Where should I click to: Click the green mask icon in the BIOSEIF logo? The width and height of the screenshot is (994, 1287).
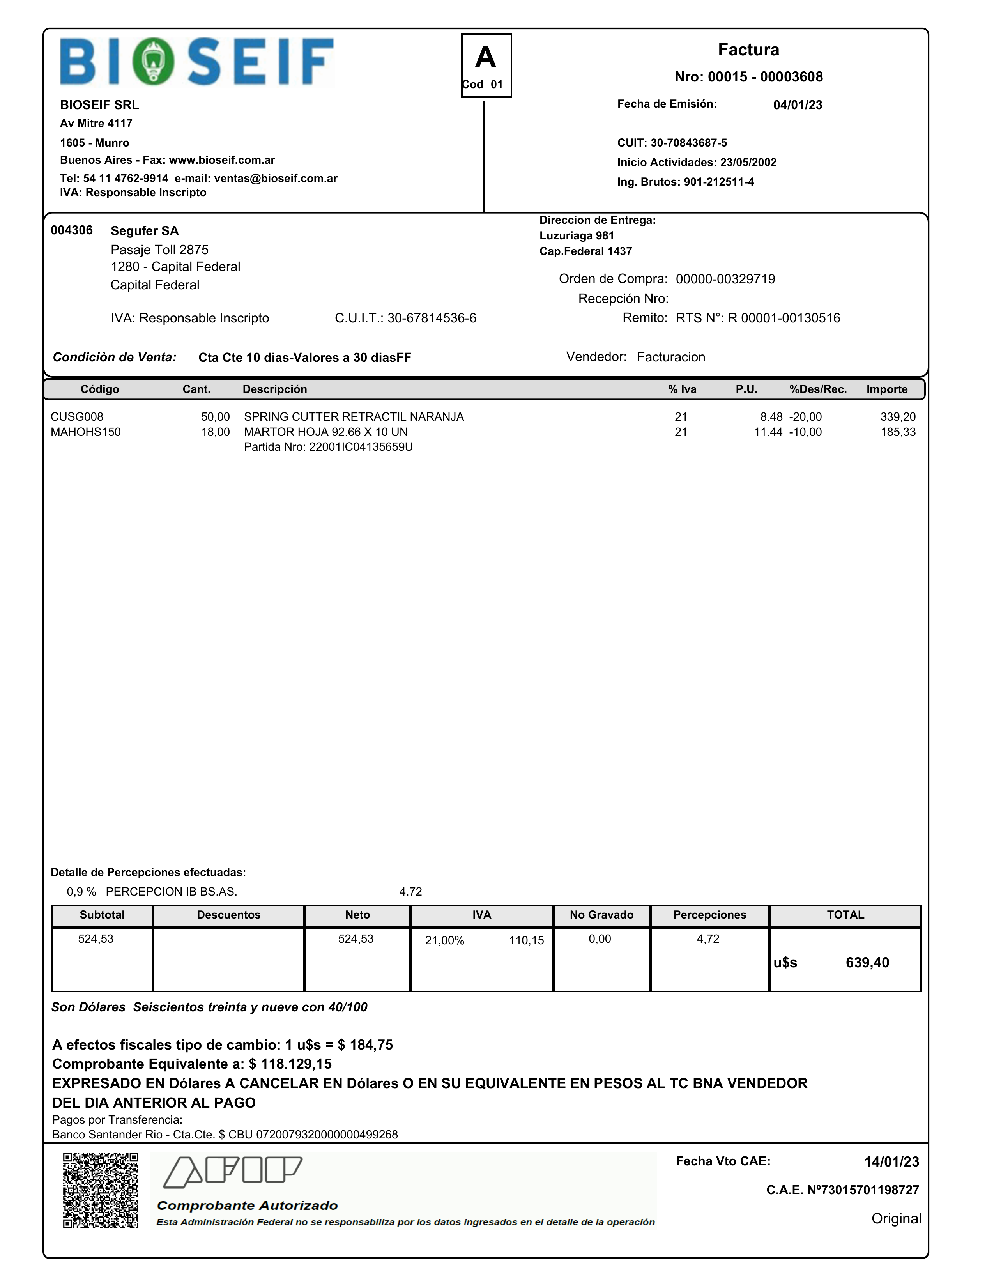click(x=153, y=61)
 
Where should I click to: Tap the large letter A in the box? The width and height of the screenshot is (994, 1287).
click(x=486, y=58)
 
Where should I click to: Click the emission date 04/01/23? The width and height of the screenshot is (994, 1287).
click(x=797, y=105)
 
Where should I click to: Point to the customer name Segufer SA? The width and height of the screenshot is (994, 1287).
click(x=144, y=231)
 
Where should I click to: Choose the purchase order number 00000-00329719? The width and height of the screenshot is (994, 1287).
click(x=725, y=279)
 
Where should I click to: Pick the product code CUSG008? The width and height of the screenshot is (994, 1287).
click(x=77, y=417)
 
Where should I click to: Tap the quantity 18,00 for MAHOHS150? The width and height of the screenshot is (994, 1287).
click(x=215, y=432)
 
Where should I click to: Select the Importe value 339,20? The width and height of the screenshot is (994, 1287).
click(x=897, y=417)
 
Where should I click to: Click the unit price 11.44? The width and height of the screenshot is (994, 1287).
click(x=768, y=432)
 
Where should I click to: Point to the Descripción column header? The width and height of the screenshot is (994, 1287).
click(x=274, y=389)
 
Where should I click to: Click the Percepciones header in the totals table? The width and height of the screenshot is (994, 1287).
click(x=709, y=915)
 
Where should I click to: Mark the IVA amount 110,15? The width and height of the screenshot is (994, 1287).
click(x=526, y=940)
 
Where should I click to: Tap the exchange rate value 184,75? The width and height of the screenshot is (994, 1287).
click(x=371, y=1045)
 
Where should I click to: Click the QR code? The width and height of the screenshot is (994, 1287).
click(x=101, y=1190)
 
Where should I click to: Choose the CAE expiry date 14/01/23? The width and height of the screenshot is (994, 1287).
click(x=891, y=1161)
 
